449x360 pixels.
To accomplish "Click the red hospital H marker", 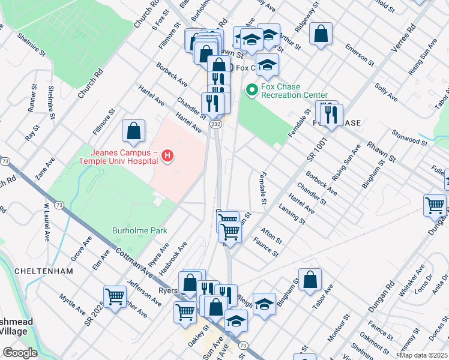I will pyautogui.click(x=168, y=157).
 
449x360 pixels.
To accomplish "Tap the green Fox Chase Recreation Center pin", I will pyautogui.click(x=252, y=91).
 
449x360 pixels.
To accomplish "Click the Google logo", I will pyautogui.click(x=19, y=353).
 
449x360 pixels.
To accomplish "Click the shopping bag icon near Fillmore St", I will pyautogui.click(x=133, y=131).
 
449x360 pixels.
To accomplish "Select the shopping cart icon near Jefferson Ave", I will pyautogui.click(x=115, y=296).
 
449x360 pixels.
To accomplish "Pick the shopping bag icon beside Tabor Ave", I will pyautogui.click(x=310, y=280).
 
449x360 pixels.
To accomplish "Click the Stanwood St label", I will pyautogui.click(x=408, y=136).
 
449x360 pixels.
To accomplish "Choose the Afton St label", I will pyautogui.click(x=271, y=235).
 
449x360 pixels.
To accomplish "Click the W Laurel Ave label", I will pyautogui.click(x=46, y=223).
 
